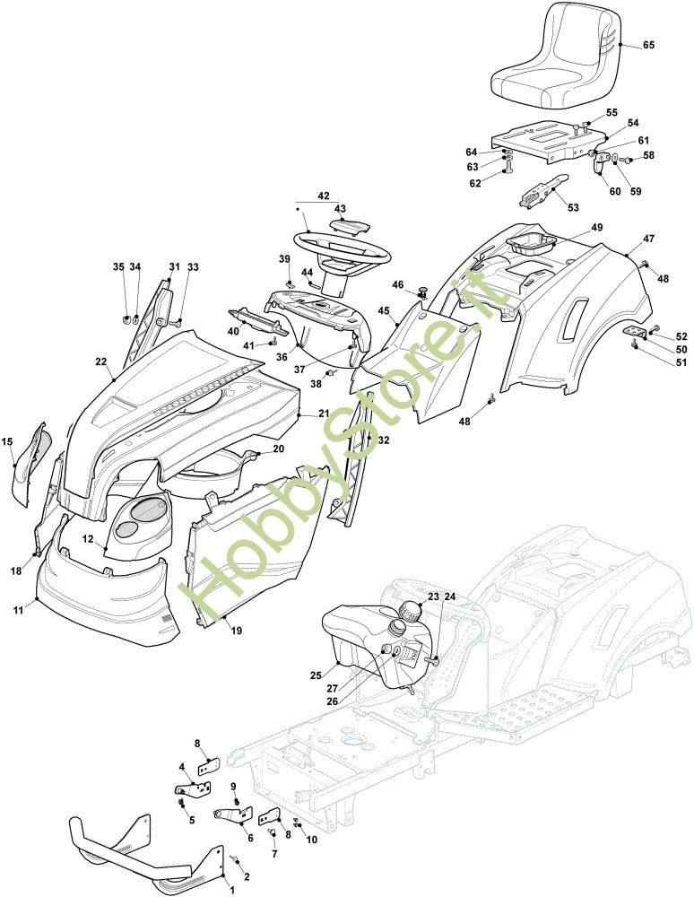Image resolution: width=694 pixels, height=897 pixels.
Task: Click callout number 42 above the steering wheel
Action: coord(323,196)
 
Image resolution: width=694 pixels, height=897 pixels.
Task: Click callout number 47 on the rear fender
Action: coord(648,239)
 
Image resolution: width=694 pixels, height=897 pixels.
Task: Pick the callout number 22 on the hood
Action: coord(101,361)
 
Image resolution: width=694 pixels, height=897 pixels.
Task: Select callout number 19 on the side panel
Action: coord(237,631)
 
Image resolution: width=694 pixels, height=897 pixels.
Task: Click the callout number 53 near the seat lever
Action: coord(573,207)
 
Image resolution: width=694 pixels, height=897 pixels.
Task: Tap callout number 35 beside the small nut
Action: coord(119,266)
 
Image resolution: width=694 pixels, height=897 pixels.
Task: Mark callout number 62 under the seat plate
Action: coord(475,183)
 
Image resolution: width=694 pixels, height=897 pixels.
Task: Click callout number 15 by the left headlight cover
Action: coord(7,440)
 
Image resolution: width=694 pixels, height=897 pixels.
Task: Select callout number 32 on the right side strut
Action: coord(384,440)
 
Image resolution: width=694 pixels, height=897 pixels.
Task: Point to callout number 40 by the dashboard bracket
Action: coord(208,331)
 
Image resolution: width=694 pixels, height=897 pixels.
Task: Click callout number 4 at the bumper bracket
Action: coord(182,767)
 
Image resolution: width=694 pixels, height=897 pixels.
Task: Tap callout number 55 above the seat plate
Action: coord(612,112)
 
